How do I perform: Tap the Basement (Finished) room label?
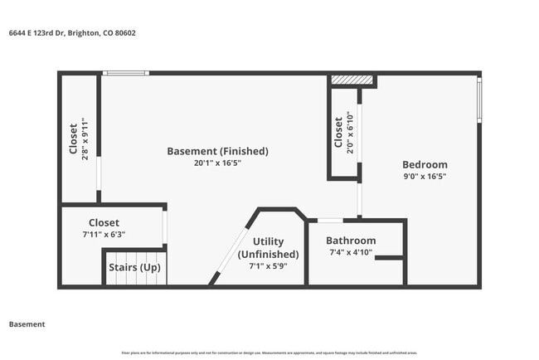coord(217,151)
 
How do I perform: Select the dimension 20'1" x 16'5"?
coord(217,163)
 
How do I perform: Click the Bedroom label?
coord(425,164)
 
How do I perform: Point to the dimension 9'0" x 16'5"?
coord(425,176)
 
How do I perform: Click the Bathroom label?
coord(351,241)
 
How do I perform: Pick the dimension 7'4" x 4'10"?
coord(351,252)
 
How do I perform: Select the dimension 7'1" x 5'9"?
coord(268,266)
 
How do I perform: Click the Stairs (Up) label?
coord(135,268)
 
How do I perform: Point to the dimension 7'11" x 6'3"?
coord(104,235)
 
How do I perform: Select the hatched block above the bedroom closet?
coord(352,80)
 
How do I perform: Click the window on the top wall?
coord(126,74)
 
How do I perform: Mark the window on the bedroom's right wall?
coord(478,100)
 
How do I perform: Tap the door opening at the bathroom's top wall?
coord(330,221)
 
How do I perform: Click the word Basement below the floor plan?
coord(27,324)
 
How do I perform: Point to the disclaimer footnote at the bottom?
coord(269,353)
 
